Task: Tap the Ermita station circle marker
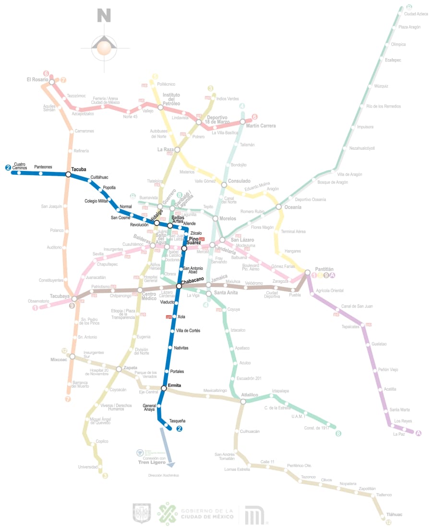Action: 164,388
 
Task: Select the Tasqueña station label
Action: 177,421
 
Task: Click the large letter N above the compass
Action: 104,16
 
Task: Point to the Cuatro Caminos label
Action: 20,166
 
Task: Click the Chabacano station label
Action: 192,279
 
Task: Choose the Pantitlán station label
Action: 324,269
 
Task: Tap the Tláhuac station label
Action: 394,514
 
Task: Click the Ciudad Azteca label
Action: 416,14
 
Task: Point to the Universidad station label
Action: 88,467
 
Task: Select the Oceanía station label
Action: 292,207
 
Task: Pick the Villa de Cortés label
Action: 188,331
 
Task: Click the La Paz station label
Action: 399,434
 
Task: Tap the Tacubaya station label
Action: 60,296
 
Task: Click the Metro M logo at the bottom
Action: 254,515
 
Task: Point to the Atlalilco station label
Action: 250,395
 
